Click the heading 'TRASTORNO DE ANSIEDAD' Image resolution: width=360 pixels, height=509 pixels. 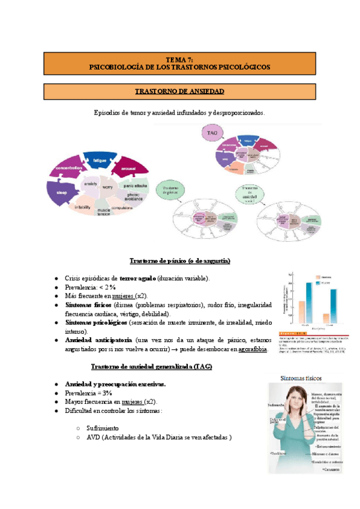pyautogui.click(x=179, y=91)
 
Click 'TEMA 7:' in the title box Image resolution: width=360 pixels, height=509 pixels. pyautogui.click(x=179, y=59)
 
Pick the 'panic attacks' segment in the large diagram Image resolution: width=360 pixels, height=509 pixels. pyautogui.click(x=136, y=186)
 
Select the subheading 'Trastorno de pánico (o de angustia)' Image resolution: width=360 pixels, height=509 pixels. pyautogui.click(x=180, y=261)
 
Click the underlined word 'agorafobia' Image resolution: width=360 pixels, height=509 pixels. pyautogui.click(x=253, y=349)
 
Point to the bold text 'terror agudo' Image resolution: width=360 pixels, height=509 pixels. pyautogui.click(x=138, y=279)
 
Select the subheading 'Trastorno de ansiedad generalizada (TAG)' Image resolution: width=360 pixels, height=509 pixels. pyautogui.click(x=151, y=366)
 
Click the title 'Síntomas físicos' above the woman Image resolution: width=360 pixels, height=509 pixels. pyautogui.click(x=304, y=378)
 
